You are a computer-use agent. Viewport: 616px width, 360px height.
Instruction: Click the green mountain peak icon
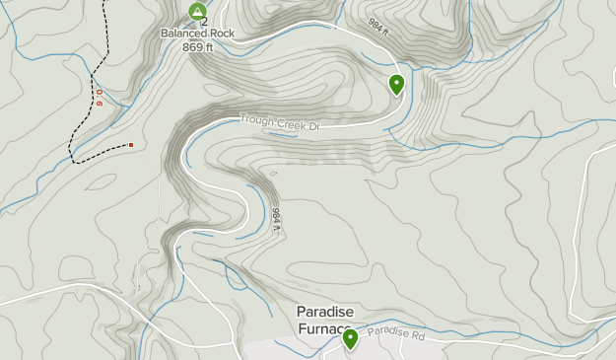point(196,12)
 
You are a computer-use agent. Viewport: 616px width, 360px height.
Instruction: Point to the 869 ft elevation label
point(196,46)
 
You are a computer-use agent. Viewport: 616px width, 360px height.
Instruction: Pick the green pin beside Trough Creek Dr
point(396,84)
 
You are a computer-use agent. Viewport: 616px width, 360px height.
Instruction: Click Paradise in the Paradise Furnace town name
point(321,312)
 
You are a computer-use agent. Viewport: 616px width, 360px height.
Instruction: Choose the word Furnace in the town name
point(323,328)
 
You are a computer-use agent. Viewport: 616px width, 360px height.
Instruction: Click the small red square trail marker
point(130,145)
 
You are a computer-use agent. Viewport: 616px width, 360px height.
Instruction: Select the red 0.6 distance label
point(99,97)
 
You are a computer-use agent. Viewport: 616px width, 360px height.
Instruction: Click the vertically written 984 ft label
point(277,219)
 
